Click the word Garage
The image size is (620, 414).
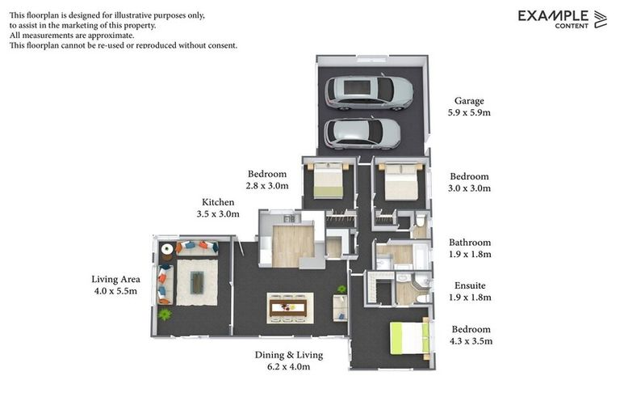click(468, 101)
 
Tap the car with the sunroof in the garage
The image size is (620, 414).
click(369, 92)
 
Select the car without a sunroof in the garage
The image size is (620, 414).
click(362, 133)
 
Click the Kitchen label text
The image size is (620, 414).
click(218, 202)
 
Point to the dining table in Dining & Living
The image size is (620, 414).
click(288, 306)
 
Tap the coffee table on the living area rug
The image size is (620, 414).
click(197, 281)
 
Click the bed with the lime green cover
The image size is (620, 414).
click(409, 338)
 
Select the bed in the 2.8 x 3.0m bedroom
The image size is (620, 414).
click(328, 181)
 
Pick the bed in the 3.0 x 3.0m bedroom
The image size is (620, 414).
click(400, 183)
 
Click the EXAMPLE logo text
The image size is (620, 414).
click(553, 15)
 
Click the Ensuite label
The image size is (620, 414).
click(469, 285)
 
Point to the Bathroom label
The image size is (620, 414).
click(470, 243)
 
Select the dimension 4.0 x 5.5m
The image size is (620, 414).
click(115, 291)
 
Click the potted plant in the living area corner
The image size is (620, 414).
click(165, 315)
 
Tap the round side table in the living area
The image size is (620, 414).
click(167, 249)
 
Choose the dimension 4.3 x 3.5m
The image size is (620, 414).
click(470, 341)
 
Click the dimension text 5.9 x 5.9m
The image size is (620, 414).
click(469, 113)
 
